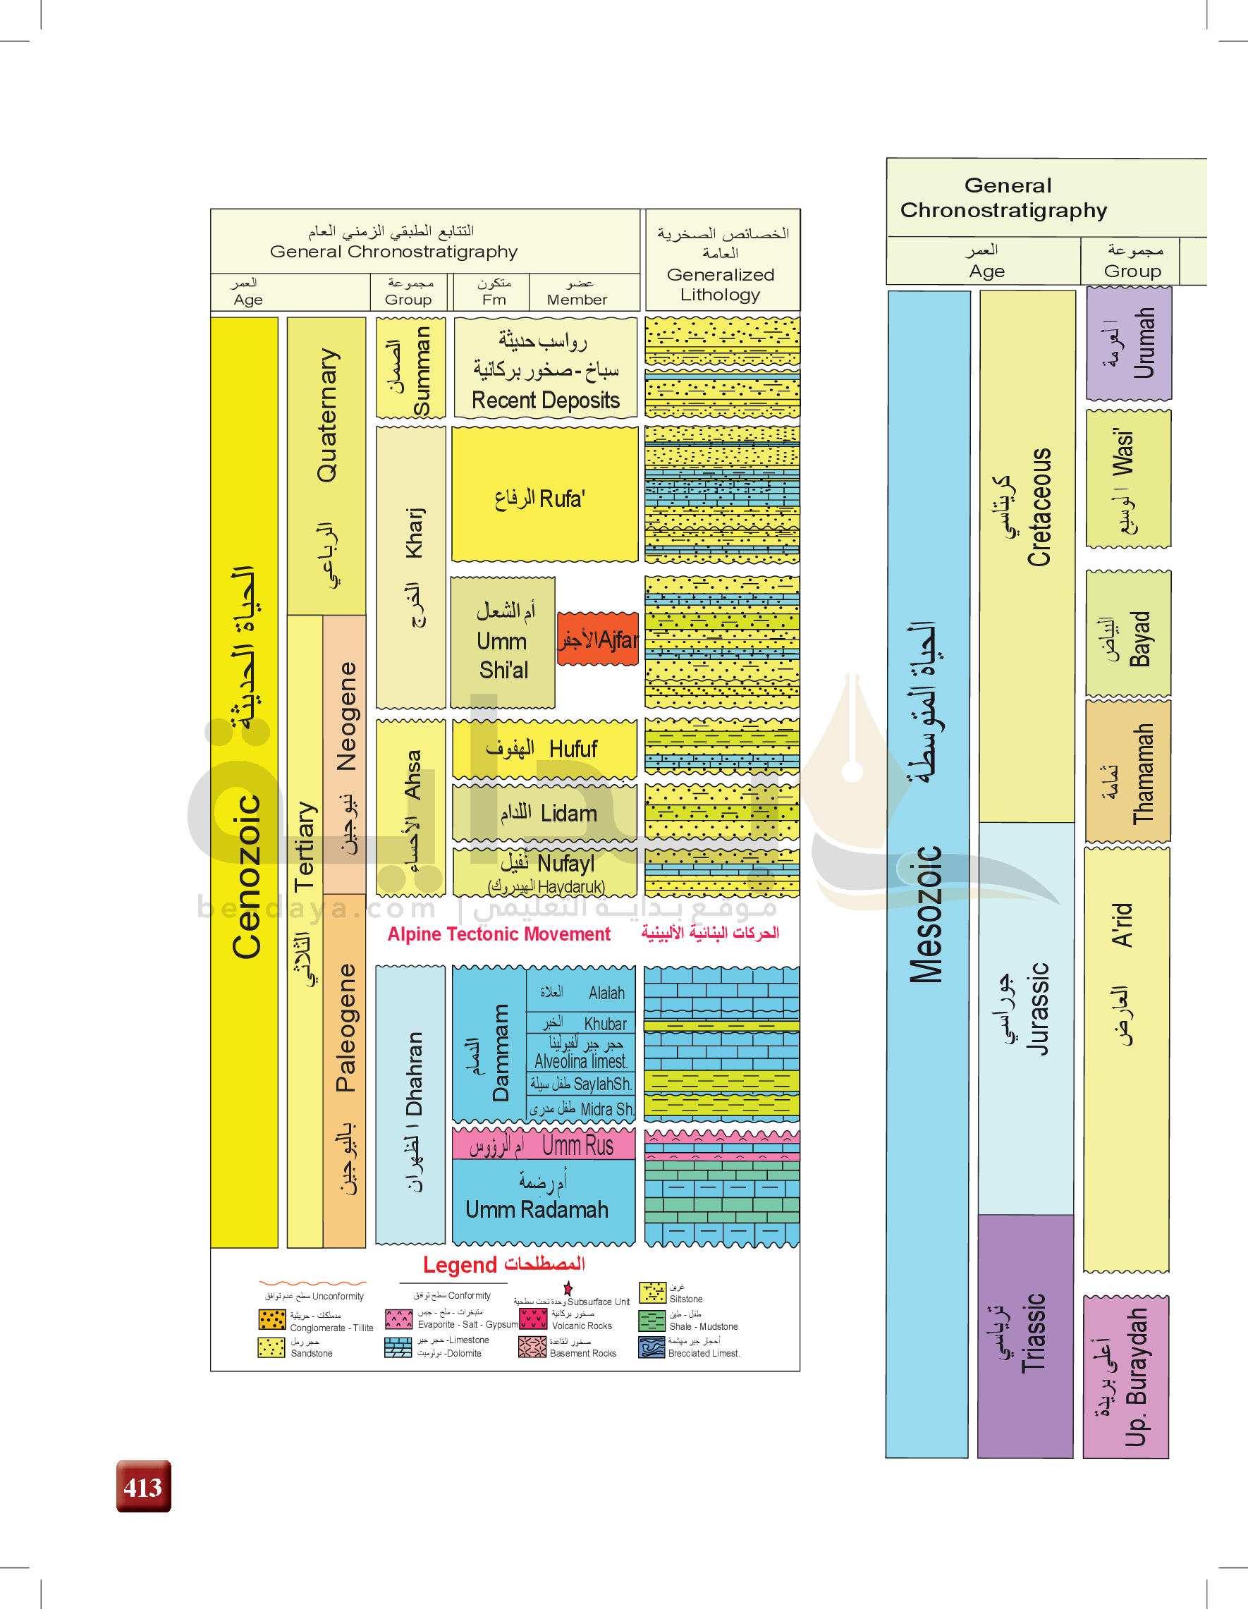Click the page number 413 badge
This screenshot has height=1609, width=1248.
(144, 1486)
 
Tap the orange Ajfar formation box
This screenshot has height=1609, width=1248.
(597, 640)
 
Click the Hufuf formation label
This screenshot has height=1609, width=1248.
(544, 750)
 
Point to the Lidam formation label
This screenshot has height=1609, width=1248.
(544, 814)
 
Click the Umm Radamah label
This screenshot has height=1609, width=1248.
(538, 1210)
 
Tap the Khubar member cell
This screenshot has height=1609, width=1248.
(580, 1023)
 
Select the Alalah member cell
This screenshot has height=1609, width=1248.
(580, 992)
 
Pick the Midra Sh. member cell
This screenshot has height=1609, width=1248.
(580, 1110)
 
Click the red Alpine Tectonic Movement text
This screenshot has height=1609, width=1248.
(498, 934)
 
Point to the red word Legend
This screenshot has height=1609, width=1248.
(460, 1265)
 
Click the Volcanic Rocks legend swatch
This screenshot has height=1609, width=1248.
(532, 1319)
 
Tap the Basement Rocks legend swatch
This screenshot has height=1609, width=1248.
(532, 1347)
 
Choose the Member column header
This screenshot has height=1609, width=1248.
(577, 293)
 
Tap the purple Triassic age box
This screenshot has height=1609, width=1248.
(1024, 1335)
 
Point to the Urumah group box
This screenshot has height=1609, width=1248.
(1129, 343)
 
